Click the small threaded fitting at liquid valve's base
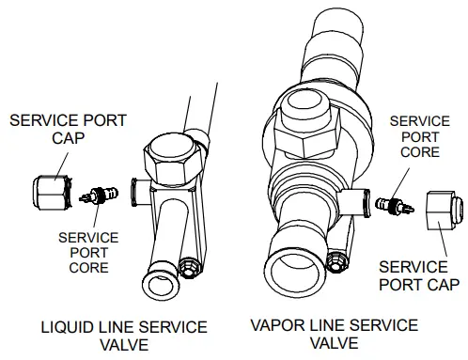pyautogui.click(x=189, y=268)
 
